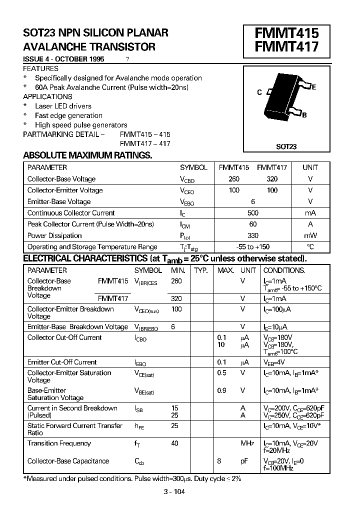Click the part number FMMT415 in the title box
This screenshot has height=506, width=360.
(286, 33)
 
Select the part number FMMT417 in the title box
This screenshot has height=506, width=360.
(286, 48)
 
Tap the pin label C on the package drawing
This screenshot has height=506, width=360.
(259, 92)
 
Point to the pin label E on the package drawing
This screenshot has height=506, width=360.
(314, 87)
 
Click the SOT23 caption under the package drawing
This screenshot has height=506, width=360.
(286, 146)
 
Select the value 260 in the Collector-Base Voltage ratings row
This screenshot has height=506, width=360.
(234, 179)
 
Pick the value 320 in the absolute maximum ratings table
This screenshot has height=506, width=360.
(272, 179)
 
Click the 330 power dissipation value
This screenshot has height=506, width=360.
(253, 235)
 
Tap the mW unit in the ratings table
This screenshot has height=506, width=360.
(310, 235)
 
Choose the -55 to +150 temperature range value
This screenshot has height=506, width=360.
(253, 247)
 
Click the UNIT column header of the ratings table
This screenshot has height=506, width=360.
(310, 168)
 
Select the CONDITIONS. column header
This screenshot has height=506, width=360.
(284, 270)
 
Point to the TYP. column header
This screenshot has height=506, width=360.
(201, 270)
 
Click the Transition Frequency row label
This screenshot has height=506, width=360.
(59, 443)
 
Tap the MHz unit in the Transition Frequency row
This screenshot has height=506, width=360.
(247, 443)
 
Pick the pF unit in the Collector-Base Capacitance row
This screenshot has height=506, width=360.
(244, 461)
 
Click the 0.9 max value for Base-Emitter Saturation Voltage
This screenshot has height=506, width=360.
(221, 390)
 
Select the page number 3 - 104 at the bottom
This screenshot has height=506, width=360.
(174, 492)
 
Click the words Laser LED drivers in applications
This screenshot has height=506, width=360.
(63, 106)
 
